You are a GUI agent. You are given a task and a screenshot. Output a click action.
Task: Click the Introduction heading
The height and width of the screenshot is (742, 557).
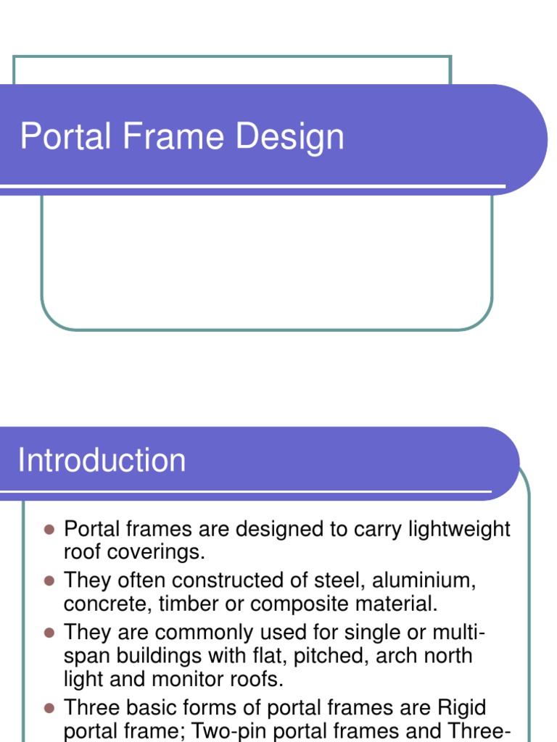(x=102, y=461)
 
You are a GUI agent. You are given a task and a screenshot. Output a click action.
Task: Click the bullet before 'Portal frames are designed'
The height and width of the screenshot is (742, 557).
(x=49, y=530)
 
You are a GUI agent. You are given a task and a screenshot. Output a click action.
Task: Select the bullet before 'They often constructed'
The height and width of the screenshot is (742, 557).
(x=49, y=581)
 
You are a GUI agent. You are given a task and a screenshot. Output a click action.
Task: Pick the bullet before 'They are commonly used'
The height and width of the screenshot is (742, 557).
(x=49, y=633)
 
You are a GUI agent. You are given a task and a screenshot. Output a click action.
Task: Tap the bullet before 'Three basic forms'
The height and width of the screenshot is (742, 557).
(x=49, y=708)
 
